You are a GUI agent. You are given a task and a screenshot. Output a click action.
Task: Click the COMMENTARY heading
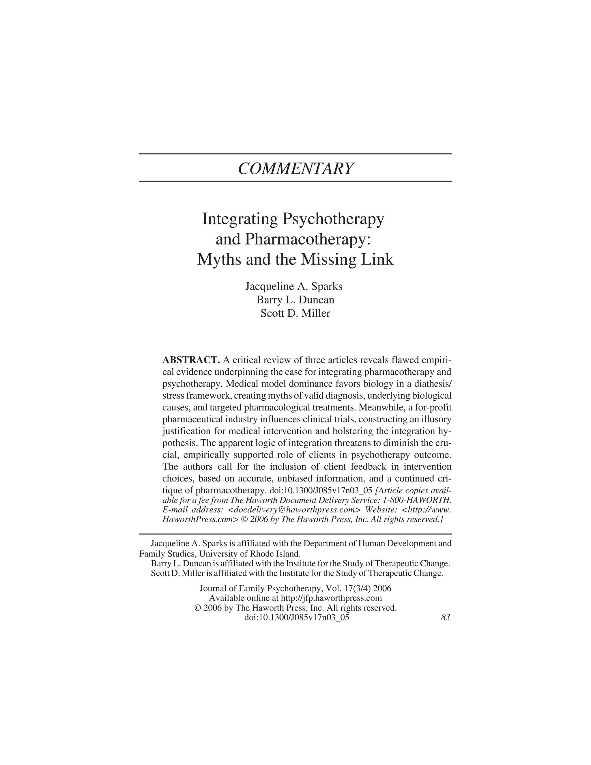coord(295,169)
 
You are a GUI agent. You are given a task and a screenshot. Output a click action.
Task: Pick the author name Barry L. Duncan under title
coord(295,300)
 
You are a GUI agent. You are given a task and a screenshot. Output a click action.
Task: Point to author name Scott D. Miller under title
coord(295,313)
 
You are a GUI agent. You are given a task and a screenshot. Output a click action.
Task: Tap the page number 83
coord(445,617)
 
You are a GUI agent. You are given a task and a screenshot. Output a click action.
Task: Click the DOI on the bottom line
coord(297,617)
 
